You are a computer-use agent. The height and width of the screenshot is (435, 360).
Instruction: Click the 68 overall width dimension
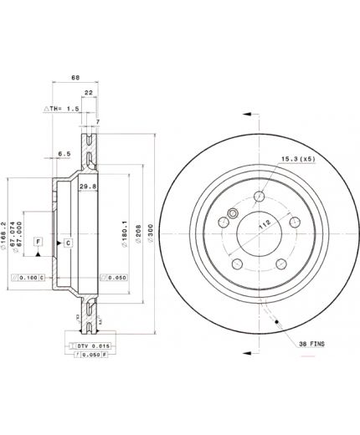coord(75,78)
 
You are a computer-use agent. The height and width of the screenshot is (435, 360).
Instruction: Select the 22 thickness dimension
coord(90,93)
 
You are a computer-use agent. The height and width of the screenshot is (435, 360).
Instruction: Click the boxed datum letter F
coord(38,242)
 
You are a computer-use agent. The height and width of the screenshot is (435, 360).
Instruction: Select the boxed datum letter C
coord(68,243)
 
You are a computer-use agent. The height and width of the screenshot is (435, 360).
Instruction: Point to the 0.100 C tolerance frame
coord(28,277)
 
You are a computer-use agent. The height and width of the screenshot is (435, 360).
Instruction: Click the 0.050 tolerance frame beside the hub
coord(114,277)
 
